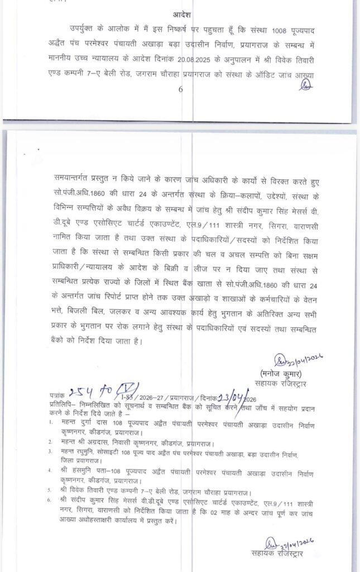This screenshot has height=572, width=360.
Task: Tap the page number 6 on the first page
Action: point(180,89)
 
